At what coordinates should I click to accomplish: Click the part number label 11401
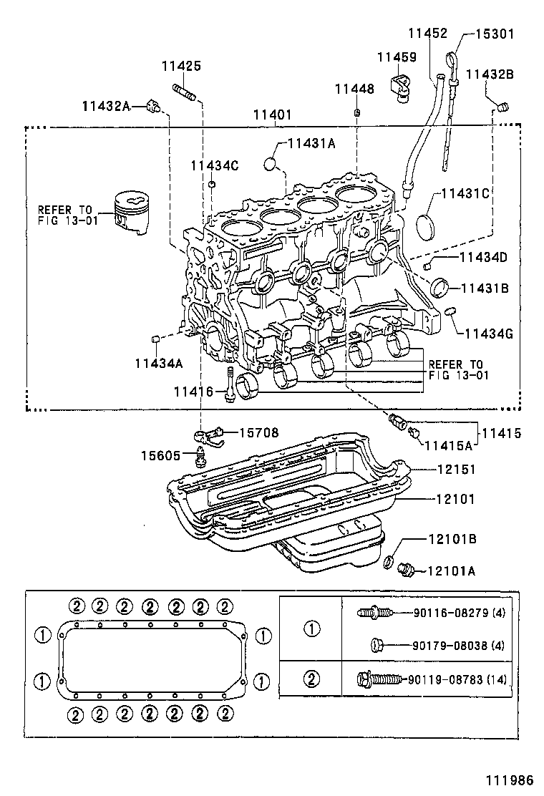click(x=273, y=115)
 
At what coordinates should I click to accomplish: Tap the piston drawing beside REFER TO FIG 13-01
click(x=131, y=212)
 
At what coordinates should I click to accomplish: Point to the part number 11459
click(x=397, y=57)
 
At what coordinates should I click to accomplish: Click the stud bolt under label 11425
click(x=184, y=93)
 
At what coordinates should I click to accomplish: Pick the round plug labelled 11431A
click(x=271, y=164)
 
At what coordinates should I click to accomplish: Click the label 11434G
click(x=490, y=333)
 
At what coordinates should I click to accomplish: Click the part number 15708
click(x=258, y=432)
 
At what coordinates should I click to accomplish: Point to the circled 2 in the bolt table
click(x=311, y=679)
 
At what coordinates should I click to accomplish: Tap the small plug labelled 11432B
click(x=502, y=107)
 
